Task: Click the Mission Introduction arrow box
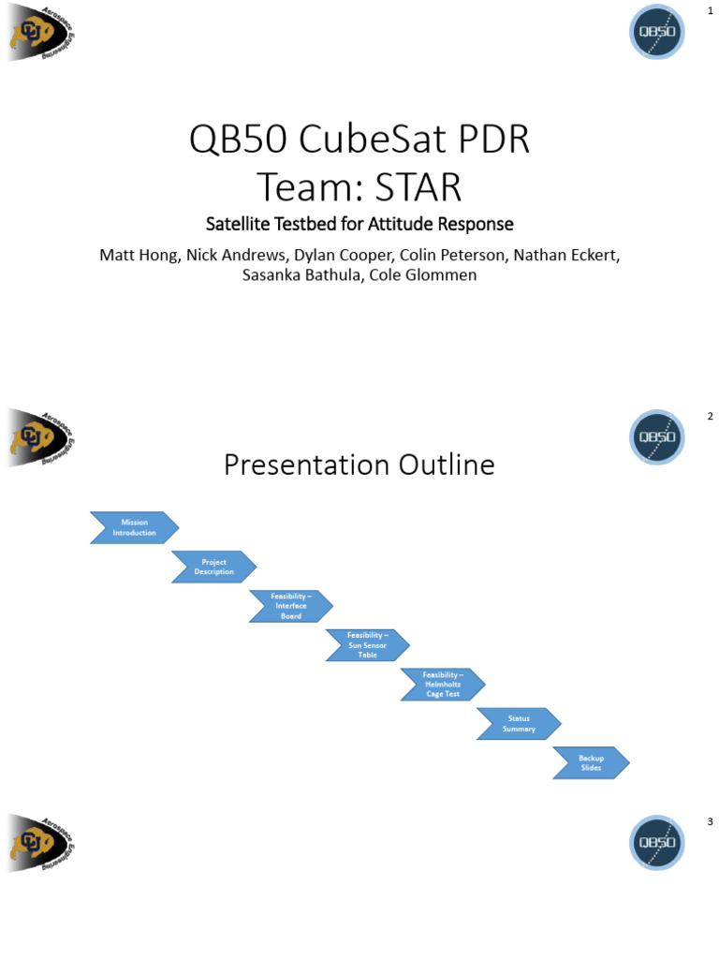coord(134,527)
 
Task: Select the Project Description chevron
coord(213,567)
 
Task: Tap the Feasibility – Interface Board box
coord(290,606)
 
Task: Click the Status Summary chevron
coord(519,724)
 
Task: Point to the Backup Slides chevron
coord(591,762)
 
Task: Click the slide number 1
coord(711,10)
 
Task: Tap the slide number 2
coord(711,417)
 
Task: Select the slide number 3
coord(711,822)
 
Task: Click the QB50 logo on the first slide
coord(655,33)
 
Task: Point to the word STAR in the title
coord(418,187)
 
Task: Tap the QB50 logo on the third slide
coord(655,844)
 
